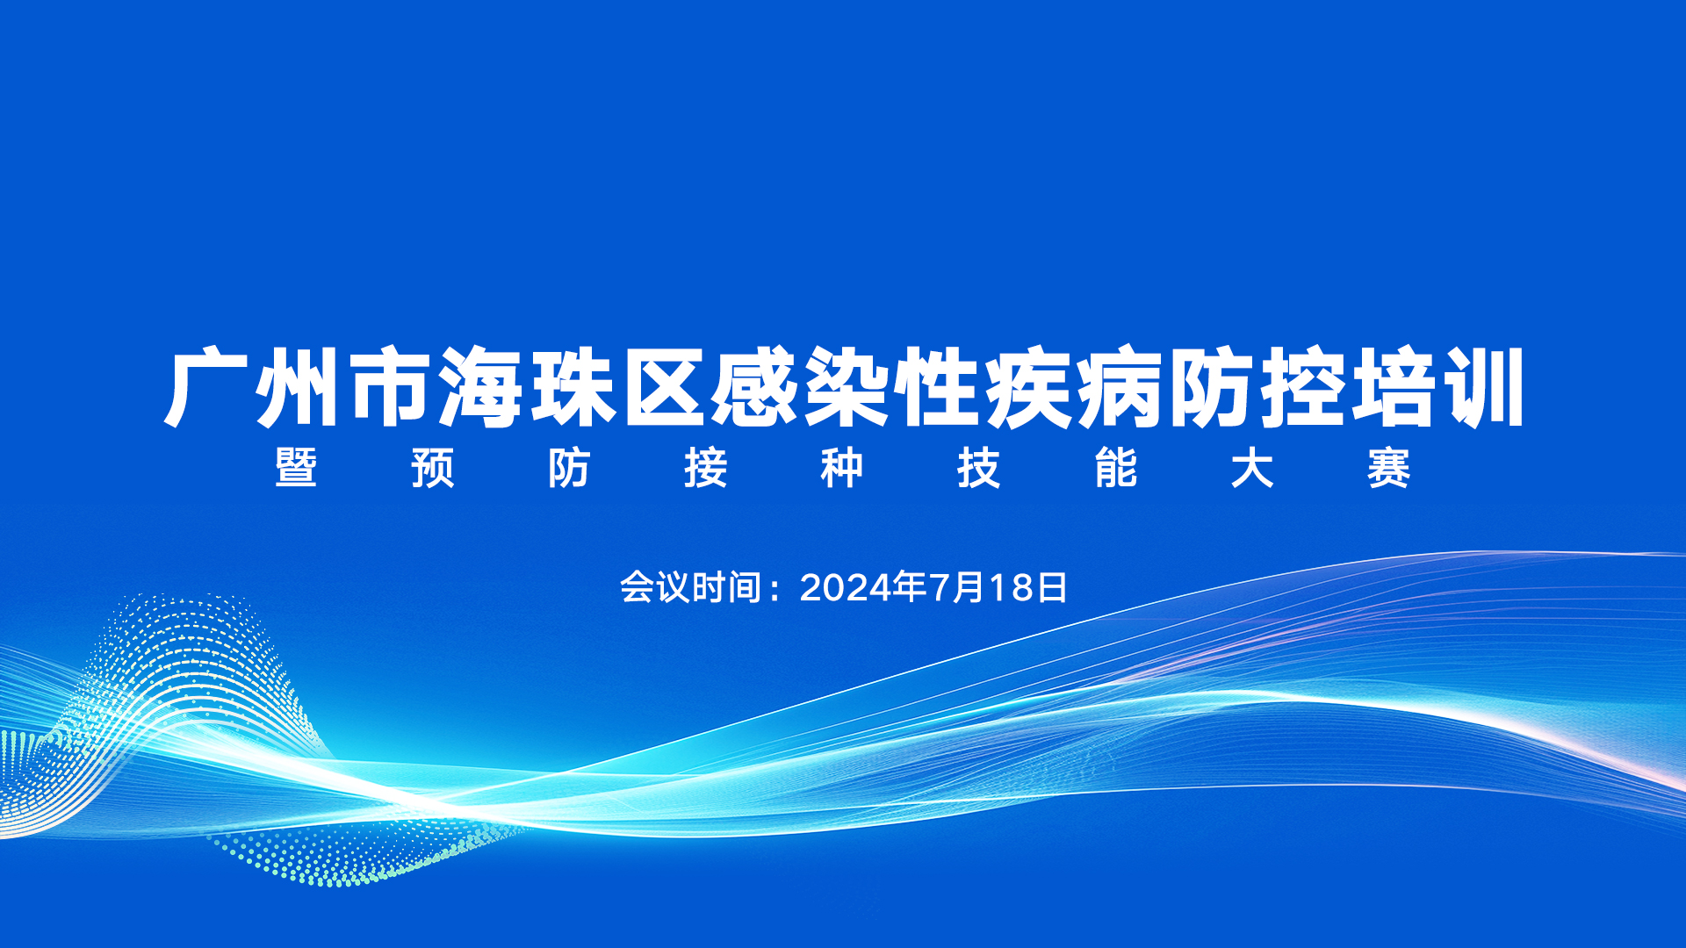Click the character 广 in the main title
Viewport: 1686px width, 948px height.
[207, 388]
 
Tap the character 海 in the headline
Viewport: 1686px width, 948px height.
[481, 388]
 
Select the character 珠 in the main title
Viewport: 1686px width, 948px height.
[573, 388]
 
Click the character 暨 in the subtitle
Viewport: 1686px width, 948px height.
[296, 468]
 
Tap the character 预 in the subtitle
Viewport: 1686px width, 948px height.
[433, 468]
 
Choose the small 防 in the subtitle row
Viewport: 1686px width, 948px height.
[569, 468]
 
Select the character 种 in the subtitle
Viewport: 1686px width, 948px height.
[842, 468]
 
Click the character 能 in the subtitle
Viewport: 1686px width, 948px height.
[1116, 468]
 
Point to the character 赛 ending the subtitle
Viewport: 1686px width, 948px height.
[1389, 468]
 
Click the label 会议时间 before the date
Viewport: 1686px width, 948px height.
[690, 587]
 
